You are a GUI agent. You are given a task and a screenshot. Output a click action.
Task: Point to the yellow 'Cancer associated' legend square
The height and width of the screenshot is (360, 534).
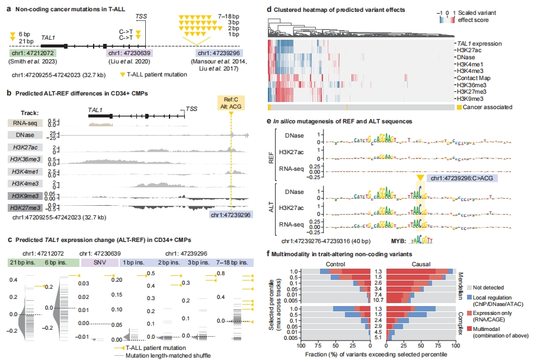(x=459, y=107)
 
